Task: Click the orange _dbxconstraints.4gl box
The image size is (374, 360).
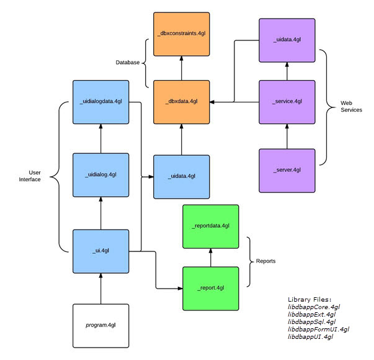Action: tap(181, 32)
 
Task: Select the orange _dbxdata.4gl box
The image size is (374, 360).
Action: tap(181, 101)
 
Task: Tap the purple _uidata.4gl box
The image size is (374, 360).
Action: tap(287, 40)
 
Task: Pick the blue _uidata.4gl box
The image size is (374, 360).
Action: tap(181, 176)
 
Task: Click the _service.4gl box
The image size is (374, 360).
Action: tap(287, 101)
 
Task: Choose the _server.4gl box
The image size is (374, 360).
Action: tap(287, 169)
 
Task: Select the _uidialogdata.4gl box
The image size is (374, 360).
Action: tap(100, 102)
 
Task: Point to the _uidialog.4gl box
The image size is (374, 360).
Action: tap(100, 175)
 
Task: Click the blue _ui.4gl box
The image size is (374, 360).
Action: tap(100, 251)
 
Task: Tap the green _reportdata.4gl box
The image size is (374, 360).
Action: tap(211, 226)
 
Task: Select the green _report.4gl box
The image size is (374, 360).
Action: tap(211, 288)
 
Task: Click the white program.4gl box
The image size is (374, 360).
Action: tap(100, 325)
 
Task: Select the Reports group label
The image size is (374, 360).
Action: tap(267, 261)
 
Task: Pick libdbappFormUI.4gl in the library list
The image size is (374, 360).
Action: tap(318, 329)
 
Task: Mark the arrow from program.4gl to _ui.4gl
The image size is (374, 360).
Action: tap(100, 289)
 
